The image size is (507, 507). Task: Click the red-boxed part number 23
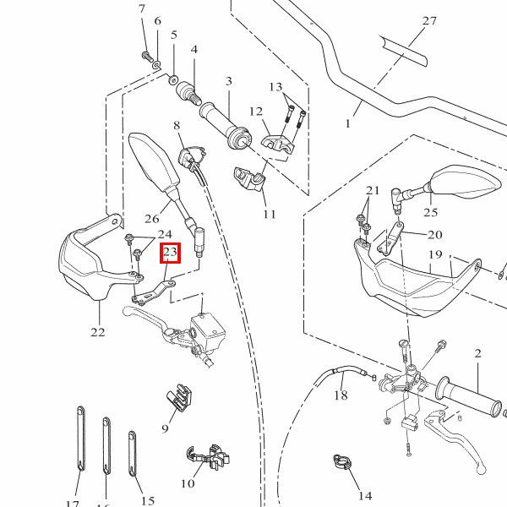pos(170,253)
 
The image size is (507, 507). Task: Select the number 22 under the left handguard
pos(98,332)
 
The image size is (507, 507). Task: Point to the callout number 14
pos(365,495)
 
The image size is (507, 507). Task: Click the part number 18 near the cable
pos(341,395)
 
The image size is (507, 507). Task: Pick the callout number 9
pos(166,428)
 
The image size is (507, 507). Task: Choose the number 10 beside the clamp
pos(188,483)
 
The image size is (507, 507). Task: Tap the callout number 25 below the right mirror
pos(431,213)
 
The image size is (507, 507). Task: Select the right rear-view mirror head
pos(462,182)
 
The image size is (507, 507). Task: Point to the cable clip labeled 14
pos(341,461)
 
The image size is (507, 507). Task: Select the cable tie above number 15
pos(134,456)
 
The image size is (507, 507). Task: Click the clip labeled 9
pos(177,398)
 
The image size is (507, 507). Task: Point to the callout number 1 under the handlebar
pos(347,123)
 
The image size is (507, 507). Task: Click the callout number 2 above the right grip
pos(477,352)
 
